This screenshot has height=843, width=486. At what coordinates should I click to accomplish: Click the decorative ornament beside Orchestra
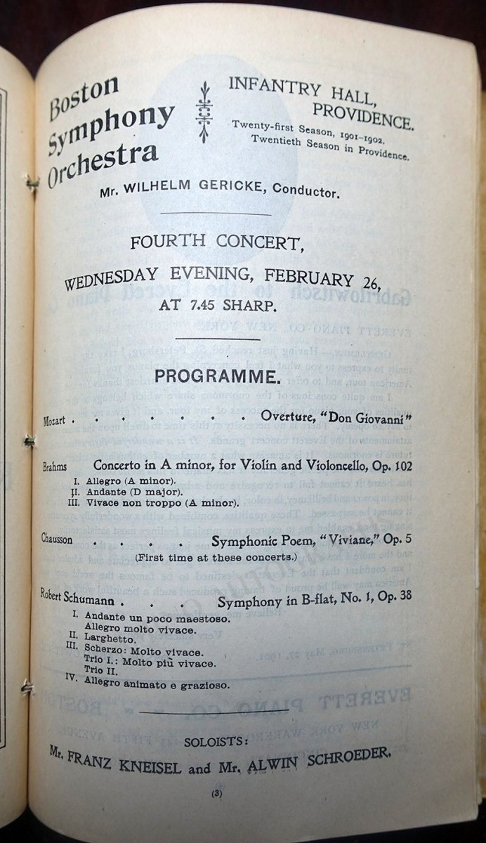click(204, 112)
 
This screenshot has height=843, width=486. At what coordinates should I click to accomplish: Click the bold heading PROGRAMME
click(214, 377)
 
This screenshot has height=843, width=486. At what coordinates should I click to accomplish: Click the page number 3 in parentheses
click(216, 794)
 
